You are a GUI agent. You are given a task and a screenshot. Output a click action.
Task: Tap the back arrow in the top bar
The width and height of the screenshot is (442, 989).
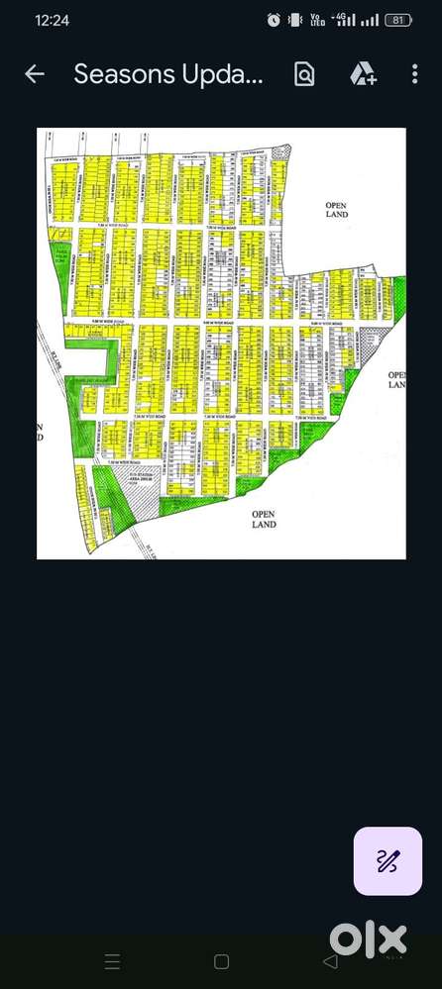[35, 74]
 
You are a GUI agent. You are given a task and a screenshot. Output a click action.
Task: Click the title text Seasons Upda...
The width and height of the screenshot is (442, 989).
[168, 74]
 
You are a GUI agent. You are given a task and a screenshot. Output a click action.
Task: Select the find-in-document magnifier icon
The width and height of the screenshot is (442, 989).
[304, 74]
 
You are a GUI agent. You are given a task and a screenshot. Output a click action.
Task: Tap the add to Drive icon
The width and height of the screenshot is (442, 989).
[362, 74]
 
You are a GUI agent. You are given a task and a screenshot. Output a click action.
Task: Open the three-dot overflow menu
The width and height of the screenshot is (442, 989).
[414, 74]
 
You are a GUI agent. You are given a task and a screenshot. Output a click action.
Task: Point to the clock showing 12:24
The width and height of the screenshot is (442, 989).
[52, 20]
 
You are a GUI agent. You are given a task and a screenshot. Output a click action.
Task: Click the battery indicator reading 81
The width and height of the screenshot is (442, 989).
[397, 20]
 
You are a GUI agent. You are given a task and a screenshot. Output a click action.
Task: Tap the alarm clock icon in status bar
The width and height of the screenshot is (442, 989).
[274, 20]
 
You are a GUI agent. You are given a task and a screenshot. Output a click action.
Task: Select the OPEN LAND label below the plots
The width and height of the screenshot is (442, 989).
[264, 519]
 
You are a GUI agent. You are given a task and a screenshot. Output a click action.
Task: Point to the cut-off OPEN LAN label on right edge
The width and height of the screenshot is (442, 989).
[396, 380]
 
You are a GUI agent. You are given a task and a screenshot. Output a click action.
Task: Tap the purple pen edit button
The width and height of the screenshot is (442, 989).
[388, 861]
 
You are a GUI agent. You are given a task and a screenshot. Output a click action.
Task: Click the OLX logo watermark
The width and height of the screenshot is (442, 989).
[369, 939]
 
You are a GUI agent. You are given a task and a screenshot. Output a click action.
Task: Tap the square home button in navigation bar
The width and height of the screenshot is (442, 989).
[221, 961]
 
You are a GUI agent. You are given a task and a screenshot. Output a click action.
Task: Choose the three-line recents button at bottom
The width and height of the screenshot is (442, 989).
[113, 961]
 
